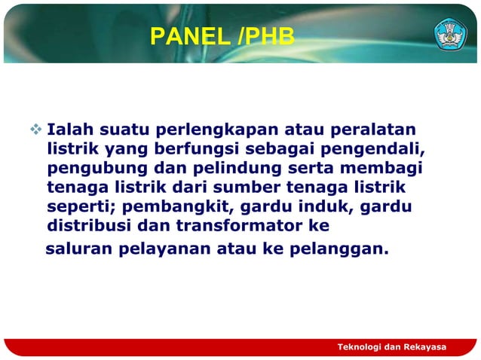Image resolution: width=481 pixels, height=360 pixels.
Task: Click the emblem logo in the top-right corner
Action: [x=450, y=35]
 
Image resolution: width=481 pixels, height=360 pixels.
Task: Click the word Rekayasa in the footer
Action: [x=425, y=346]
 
